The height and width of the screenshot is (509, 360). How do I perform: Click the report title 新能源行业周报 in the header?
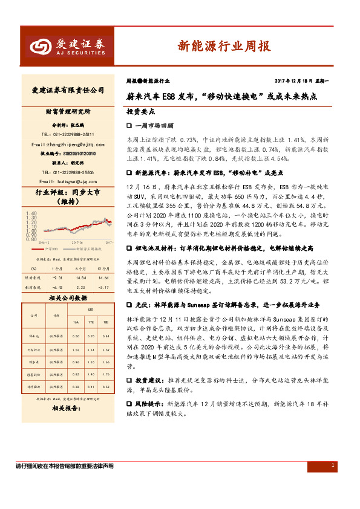[x=223, y=46]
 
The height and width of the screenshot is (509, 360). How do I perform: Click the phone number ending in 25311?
[x=67, y=134]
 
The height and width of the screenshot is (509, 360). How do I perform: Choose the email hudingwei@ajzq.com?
[x=67, y=181]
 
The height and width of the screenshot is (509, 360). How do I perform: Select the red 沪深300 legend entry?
[x=48, y=249]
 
